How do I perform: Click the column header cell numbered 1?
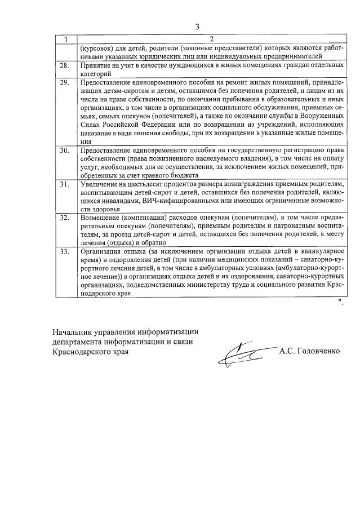[66, 39]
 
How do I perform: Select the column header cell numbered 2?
[211, 39]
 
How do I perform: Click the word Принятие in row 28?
[96, 65]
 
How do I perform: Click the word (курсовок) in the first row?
[98, 48]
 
